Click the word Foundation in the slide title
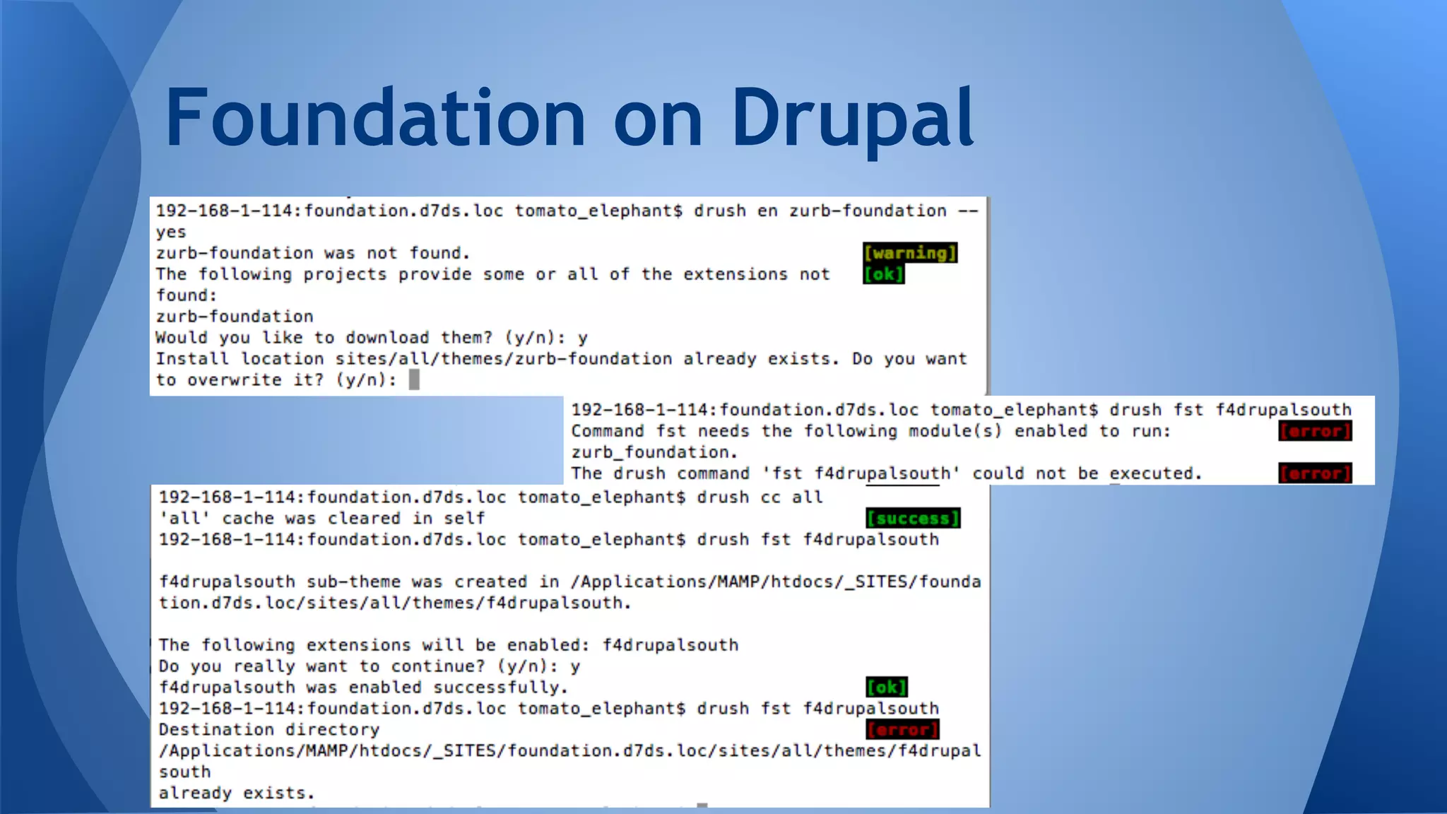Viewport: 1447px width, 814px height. tap(374, 117)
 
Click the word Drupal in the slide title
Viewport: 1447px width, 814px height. tap(852, 117)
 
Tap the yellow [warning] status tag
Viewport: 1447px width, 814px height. tap(910, 253)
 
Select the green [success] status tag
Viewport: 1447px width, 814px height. tap(913, 519)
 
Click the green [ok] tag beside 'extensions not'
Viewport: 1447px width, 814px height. tap(883, 274)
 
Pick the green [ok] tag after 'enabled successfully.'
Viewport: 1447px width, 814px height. tap(887, 687)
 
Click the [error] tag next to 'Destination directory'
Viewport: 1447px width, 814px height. tap(902, 729)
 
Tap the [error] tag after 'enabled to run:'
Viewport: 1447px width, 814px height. tap(1315, 431)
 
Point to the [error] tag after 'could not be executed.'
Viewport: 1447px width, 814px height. tap(1315, 473)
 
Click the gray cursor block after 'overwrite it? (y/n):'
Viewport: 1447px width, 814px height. tap(414, 380)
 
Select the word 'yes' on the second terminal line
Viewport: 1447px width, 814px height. tap(171, 232)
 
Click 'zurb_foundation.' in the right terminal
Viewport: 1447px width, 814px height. tap(654, 452)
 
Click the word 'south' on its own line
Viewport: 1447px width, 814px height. tap(184, 772)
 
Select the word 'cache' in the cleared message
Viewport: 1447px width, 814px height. tap(248, 519)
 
